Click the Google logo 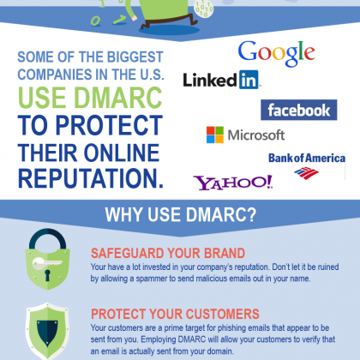coord(276,53)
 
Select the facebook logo coord(299,110)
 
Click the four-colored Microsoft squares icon coord(215,135)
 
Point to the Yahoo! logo coord(233,183)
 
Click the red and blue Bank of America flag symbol coord(306,173)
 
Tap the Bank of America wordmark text coord(307,158)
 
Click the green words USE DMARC coord(90,98)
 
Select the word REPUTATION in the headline coord(91,178)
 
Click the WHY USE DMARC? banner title coord(181,214)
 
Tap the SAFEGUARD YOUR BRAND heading coord(168,254)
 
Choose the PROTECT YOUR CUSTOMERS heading coord(175,314)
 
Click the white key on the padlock coord(47,263)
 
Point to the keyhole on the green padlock coord(47,275)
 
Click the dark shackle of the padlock coord(48,238)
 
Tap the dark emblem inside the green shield coord(47,332)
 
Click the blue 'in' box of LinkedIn coord(249,80)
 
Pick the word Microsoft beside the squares coord(256,135)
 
